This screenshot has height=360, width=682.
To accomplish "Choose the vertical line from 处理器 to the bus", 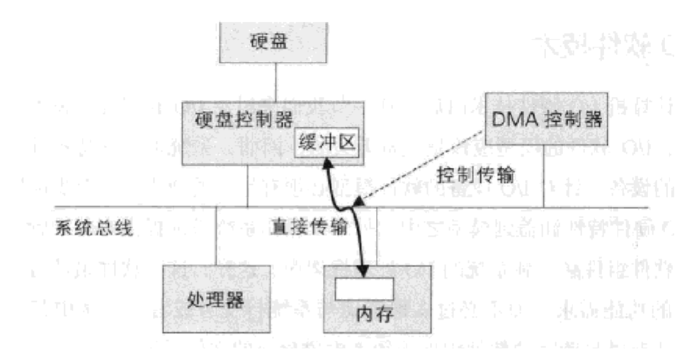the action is point(215,237).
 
